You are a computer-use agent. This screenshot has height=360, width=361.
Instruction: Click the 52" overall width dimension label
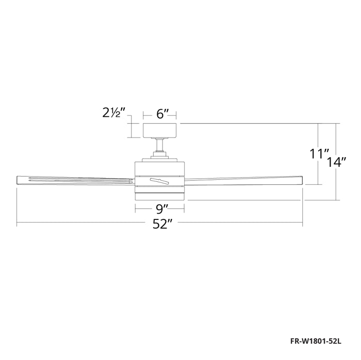tap(161, 225)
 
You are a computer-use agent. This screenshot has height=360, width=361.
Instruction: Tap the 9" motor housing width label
tap(161, 209)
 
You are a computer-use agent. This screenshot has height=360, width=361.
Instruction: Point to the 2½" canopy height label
tap(114, 113)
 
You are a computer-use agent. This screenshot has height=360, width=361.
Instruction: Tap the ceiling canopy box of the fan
tap(160, 131)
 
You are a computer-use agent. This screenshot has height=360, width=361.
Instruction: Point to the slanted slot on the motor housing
tap(159, 180)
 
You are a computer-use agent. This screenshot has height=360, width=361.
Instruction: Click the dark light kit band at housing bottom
tap(160, 195)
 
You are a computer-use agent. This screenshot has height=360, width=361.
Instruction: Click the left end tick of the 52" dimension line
tap(17, 224)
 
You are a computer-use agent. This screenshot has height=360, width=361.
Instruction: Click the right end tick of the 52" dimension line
tap(302, 224)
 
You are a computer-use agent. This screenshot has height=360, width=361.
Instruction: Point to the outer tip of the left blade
tap(19, 179)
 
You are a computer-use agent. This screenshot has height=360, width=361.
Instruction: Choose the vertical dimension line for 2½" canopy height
tap(131, 131)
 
